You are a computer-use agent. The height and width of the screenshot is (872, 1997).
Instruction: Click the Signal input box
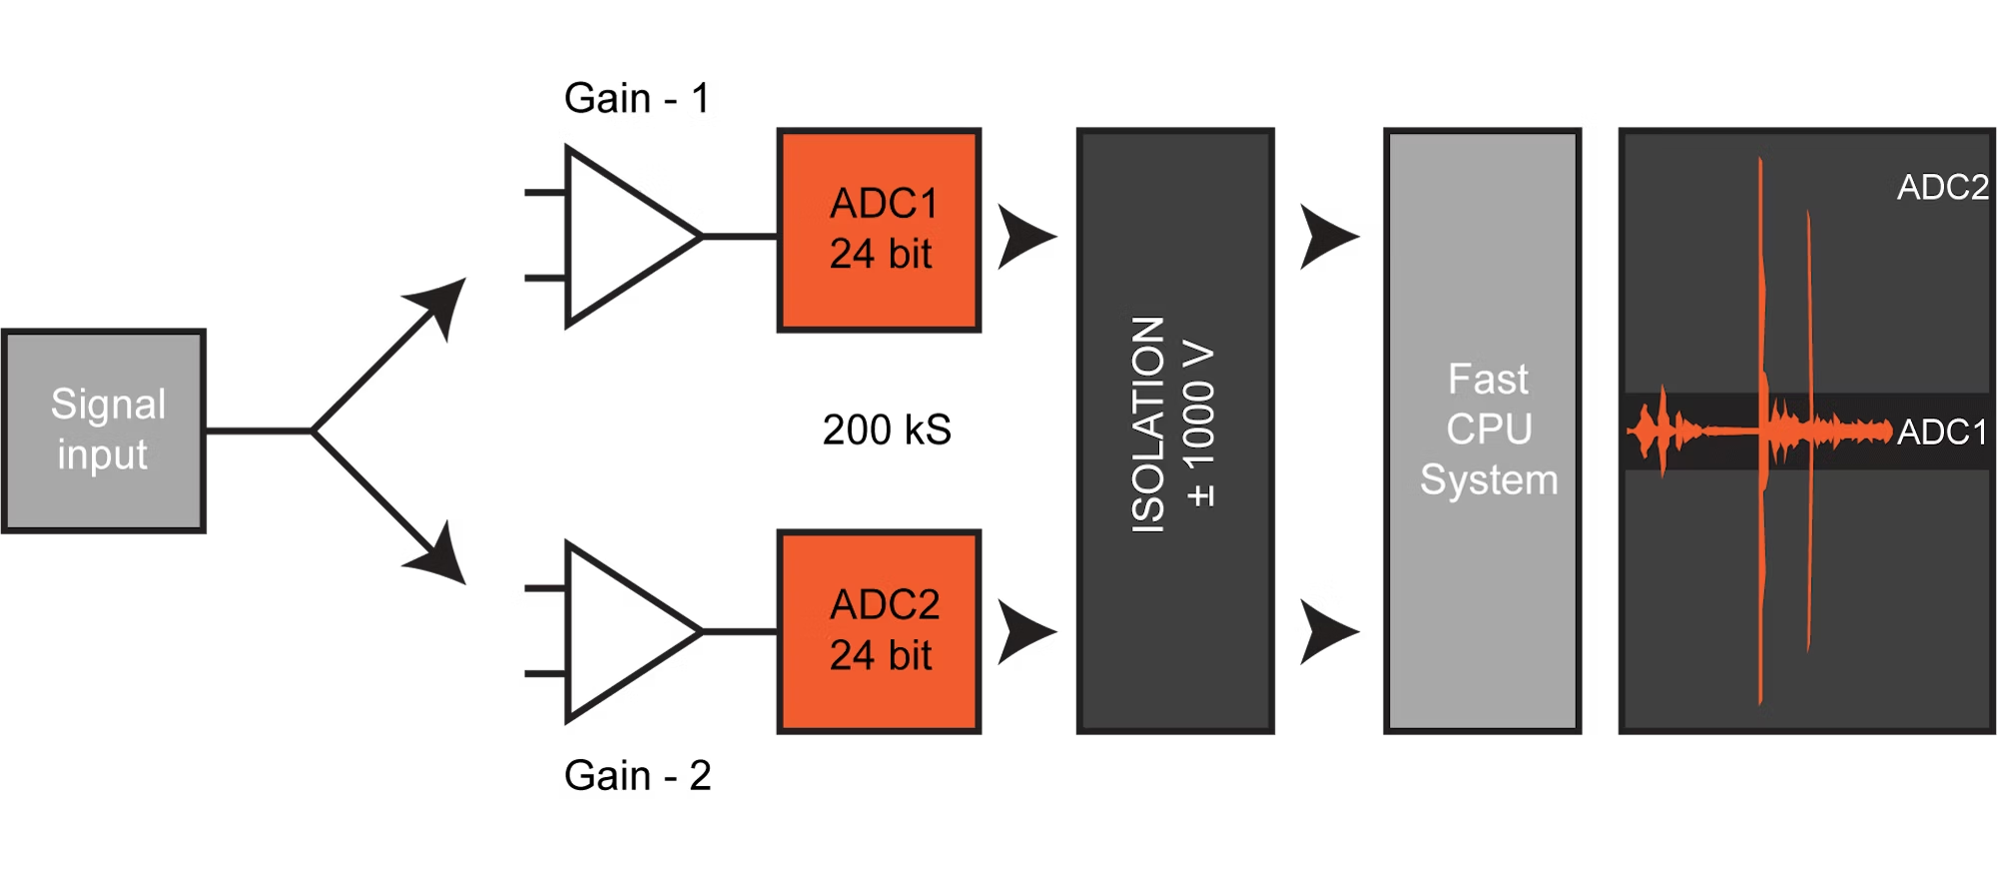(104, 431)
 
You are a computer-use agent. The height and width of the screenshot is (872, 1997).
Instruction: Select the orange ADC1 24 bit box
(880, 230)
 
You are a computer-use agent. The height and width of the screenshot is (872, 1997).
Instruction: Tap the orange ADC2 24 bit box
(880, 632)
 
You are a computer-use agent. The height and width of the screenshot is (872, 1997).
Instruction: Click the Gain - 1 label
(637, 98)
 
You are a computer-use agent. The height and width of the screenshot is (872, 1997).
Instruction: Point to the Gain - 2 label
(637, 775)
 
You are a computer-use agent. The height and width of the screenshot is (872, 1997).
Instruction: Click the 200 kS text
(887, 430)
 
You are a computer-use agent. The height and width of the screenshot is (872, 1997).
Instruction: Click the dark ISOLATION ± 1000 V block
(1175, 431)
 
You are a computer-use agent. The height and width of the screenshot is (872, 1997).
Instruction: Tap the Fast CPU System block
(1483, 431)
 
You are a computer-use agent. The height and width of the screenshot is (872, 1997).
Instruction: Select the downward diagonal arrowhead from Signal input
(439, 554)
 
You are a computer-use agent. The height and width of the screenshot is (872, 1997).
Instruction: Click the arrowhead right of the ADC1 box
(1024, 237)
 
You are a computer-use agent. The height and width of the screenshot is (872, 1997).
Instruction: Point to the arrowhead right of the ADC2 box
(1024, 631)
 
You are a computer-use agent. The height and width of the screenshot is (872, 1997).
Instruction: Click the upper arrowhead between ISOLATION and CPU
(1327, 237)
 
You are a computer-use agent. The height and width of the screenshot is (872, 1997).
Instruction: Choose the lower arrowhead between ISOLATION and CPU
(1327, 631)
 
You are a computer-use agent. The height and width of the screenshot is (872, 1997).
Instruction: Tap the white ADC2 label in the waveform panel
(1943, 187)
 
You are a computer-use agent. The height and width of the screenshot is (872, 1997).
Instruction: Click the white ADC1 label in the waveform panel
(1943, 432)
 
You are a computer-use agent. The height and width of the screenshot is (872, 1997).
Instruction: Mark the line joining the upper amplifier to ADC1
(740, 237)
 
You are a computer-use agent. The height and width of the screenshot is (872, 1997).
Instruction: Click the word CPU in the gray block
(1489, 430)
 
